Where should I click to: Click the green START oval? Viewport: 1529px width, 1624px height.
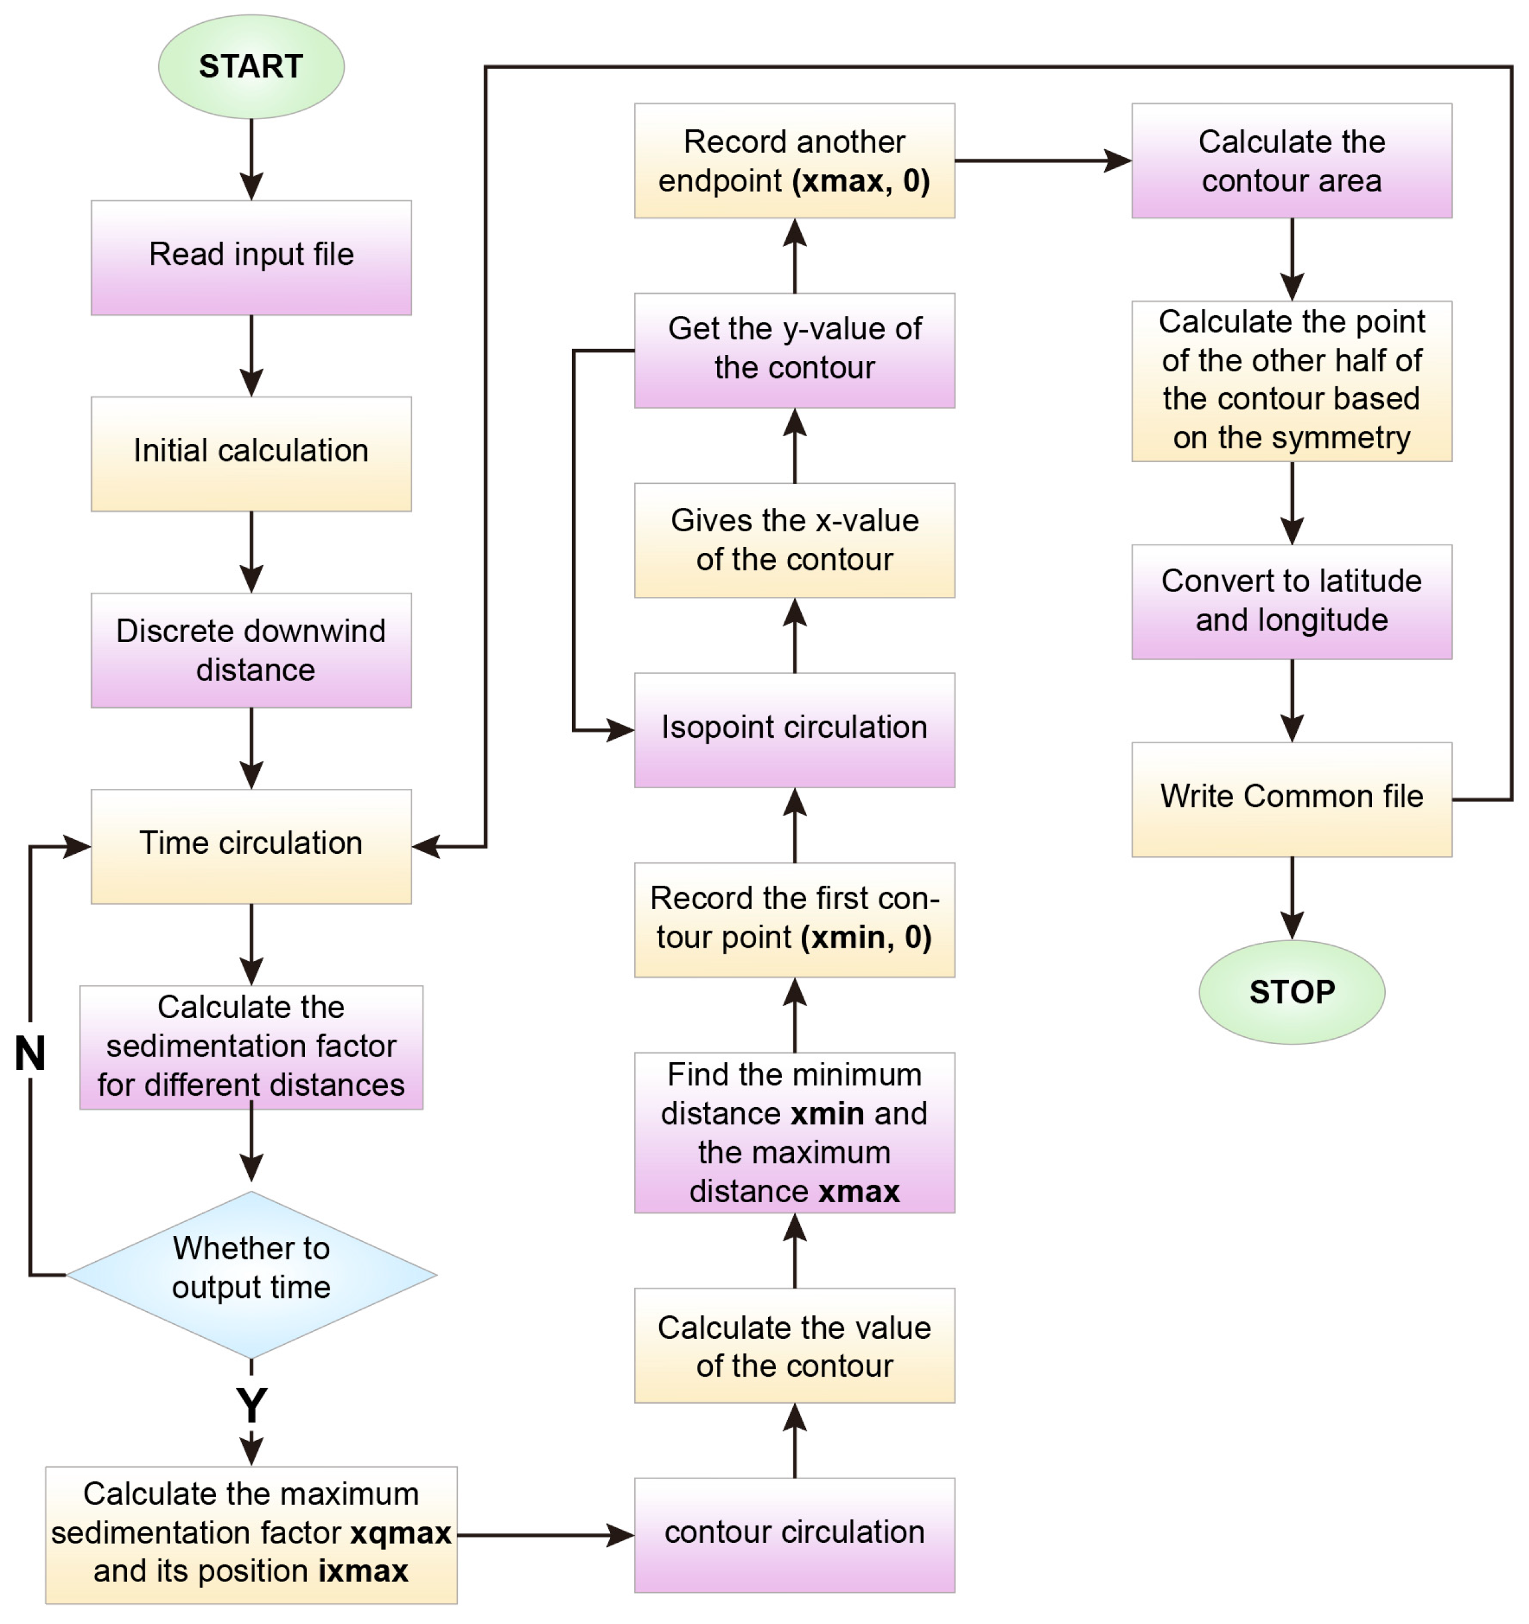(251, 66)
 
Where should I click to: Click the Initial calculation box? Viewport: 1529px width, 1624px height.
(251, 453)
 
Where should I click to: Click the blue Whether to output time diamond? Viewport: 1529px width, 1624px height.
(251, 1274)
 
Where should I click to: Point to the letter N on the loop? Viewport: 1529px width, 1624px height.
(30, 1053)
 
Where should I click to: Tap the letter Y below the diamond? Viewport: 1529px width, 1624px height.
(251, 1405)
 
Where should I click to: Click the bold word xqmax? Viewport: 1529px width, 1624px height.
(400, 1533)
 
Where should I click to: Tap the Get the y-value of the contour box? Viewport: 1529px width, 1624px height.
(794, 350)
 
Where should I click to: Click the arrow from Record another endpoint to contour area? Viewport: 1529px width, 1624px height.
(1041, 160)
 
